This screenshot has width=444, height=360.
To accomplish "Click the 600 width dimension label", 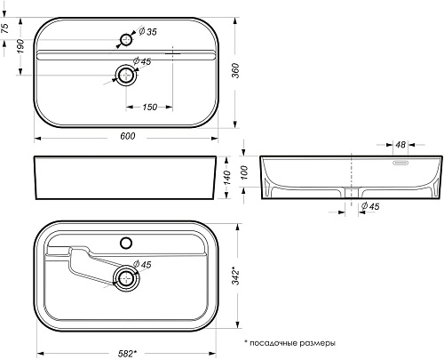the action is point(128,136).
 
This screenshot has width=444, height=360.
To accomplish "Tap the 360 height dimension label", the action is point(235,70).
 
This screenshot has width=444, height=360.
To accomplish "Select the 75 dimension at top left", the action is point(5,28).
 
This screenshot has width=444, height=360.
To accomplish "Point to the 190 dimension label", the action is point(20,46).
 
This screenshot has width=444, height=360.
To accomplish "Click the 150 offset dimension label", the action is point(149,107).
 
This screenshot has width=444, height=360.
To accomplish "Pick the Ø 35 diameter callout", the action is point(147,31).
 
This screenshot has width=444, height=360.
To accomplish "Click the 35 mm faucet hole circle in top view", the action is point(126,40).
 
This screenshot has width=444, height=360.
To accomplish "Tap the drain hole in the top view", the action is point(126,76).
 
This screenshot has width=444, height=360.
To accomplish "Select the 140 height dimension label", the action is point(227,178).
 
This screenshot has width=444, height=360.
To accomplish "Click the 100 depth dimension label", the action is point(244,172).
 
